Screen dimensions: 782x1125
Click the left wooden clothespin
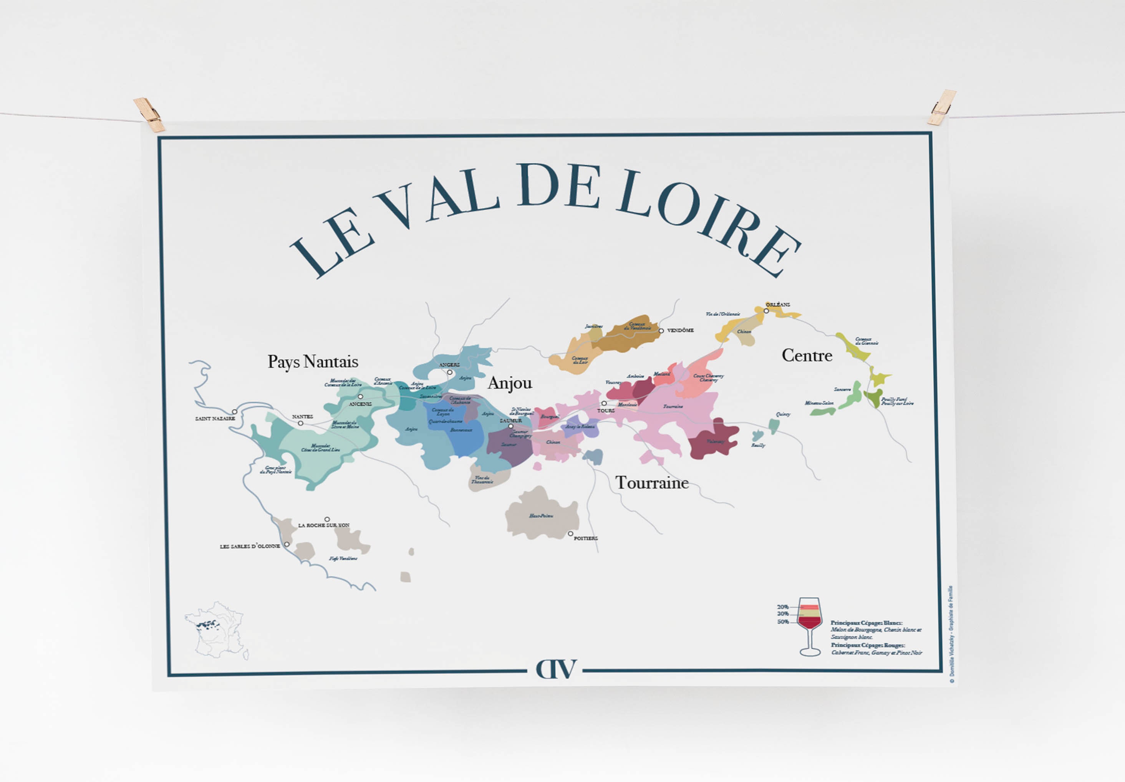149,115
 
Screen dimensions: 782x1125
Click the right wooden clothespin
942,107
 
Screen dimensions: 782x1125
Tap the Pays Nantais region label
313,361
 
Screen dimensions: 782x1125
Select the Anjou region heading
510,383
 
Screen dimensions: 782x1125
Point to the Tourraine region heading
652,483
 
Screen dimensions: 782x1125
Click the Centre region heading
807,355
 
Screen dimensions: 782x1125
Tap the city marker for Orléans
766,311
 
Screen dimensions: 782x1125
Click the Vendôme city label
680,331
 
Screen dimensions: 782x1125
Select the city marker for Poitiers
570,533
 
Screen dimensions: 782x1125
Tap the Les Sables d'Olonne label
250,546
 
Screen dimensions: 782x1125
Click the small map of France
216,630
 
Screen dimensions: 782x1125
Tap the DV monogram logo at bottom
556,669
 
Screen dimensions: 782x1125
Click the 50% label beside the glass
783,622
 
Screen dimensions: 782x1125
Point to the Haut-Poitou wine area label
541,516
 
